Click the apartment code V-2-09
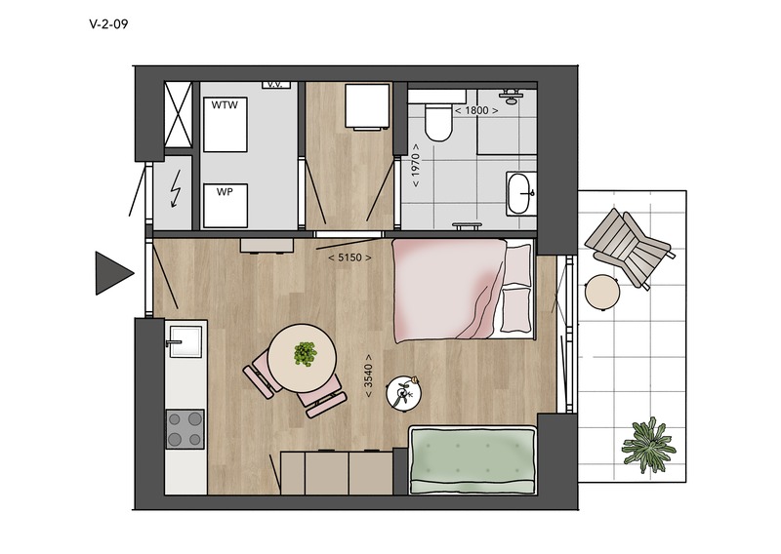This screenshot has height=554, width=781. [108, 23]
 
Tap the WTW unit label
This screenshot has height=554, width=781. [225, 105]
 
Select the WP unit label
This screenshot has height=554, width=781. [225, 191]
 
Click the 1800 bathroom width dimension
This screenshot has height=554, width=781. [476, 110]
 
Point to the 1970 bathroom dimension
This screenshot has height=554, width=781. [416, 166]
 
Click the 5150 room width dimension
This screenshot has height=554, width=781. [349, 257]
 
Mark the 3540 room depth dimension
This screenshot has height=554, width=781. [368, 376]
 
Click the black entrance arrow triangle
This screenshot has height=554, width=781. [114, 273]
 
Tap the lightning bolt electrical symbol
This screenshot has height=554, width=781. [176, 189]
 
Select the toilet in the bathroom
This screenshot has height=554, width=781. [438, 122]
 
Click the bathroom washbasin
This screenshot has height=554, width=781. [521, 194]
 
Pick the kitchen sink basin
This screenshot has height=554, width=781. [185, 341]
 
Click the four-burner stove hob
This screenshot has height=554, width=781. [185, 429]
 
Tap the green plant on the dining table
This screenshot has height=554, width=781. [305, 353]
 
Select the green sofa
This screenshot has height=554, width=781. [473, 460]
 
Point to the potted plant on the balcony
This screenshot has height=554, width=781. [648, 446]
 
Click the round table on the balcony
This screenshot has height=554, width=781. [602, 293]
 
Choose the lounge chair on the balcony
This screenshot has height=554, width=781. [630, 248]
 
